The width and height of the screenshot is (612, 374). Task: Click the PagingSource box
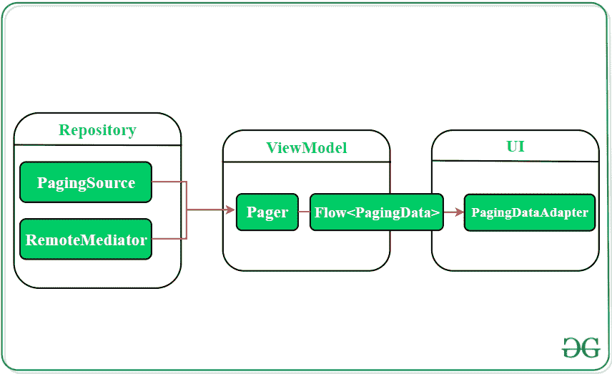point(86,182)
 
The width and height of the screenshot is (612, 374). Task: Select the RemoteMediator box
point(86,240)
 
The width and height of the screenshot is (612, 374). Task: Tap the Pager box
point(267,212)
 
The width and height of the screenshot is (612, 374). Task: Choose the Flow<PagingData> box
point(376,212)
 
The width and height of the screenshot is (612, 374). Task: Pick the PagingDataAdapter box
point(529,212)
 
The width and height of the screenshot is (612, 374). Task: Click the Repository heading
point(97,130)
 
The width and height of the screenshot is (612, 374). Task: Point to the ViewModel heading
point(306,148)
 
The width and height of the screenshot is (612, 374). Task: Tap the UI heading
point(515,146)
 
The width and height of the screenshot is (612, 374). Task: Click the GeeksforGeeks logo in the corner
point(580,348)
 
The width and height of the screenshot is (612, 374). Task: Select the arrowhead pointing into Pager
point(229,210)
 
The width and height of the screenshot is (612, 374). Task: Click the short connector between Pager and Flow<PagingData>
point(304,212)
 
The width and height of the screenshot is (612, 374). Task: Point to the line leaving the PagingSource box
point(169,182)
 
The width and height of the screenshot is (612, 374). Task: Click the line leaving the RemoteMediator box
point(169,239)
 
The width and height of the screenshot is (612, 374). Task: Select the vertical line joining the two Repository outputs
point(186,210)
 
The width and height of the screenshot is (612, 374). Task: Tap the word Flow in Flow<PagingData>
point(330,212)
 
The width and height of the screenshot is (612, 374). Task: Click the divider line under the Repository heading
point(97,145)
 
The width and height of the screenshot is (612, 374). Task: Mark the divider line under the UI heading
point(515,161)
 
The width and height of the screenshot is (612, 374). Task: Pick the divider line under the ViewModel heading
point(306,162)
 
